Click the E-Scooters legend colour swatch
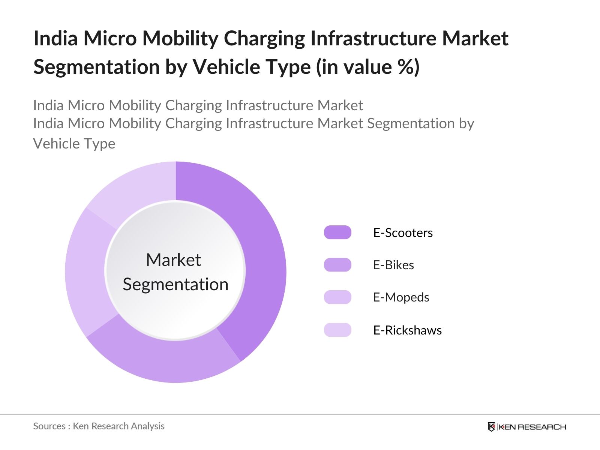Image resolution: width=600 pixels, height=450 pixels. click(x=337, y=232)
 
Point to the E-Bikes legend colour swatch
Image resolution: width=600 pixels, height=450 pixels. click(x=337, y=265)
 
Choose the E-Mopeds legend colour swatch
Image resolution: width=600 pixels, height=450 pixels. click(x=337, y=297)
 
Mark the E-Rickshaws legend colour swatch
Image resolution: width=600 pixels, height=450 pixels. click(x=337, y=330)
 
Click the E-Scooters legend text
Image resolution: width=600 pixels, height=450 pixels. click(x=403, y=233)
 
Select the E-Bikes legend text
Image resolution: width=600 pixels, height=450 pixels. click(x=393, y=265)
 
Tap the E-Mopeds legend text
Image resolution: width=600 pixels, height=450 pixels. click(x=401, y=297)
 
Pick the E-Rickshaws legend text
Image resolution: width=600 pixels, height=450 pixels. click(x=407, y=330)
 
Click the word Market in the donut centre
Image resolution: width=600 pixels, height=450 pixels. click(x=174, y=260)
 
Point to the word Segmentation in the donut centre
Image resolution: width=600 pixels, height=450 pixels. click(x=175, y=285)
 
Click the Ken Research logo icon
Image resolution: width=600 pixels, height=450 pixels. click(x=491, y=427)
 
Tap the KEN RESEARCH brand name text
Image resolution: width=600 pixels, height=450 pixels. click(x=532, y=427)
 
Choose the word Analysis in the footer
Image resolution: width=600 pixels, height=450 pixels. click(x=150, y=426)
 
